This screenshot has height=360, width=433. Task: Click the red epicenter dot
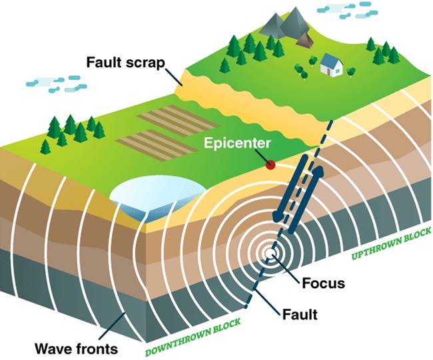point(270,164)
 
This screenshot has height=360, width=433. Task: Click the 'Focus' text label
point(322,283)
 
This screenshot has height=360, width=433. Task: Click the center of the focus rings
point(272,254)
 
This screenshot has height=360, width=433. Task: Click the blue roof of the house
point(330,59)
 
